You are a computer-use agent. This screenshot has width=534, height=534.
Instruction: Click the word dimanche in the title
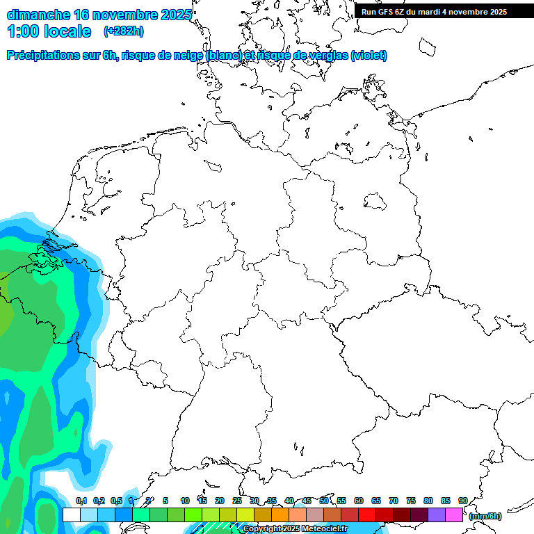(38, 15)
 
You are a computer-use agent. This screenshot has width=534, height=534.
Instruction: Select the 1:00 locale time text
(49, 31)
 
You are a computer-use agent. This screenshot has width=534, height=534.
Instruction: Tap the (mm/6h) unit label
(485, 516)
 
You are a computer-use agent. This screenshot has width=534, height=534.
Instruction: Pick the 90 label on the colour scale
(462, 501)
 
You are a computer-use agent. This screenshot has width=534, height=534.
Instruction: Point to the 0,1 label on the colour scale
(81, 501)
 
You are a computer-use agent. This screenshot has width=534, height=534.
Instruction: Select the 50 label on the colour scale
(324, 501)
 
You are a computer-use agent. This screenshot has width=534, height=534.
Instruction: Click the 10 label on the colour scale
(185, 501)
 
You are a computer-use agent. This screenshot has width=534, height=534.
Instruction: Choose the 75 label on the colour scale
(411, 501)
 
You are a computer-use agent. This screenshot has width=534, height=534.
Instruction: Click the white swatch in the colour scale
(71, 515)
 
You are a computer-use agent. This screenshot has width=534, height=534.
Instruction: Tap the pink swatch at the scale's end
(454, 515)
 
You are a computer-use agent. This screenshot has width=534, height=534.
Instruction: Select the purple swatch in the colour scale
(437, 515)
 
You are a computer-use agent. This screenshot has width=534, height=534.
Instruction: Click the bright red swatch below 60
(367, 515)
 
